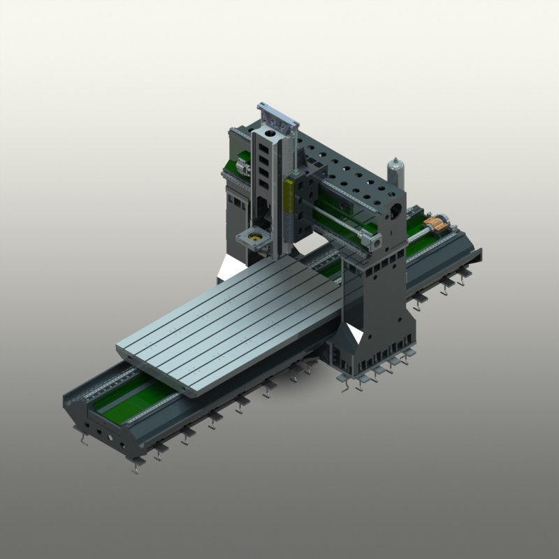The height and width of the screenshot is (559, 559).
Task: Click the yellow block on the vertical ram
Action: [288, 199]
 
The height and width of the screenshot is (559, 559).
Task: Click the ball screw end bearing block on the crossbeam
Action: [374, 242]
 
